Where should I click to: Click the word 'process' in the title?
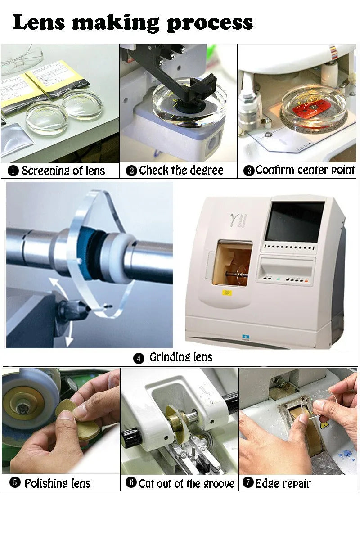(210, 23)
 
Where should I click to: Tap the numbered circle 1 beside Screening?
(13, 171)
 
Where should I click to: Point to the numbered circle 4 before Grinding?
(139, 358)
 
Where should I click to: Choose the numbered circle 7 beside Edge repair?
(248, 482)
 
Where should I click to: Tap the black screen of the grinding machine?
(295, 222)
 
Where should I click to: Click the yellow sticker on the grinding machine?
(227, 293)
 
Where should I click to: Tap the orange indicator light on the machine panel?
(306, 281)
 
